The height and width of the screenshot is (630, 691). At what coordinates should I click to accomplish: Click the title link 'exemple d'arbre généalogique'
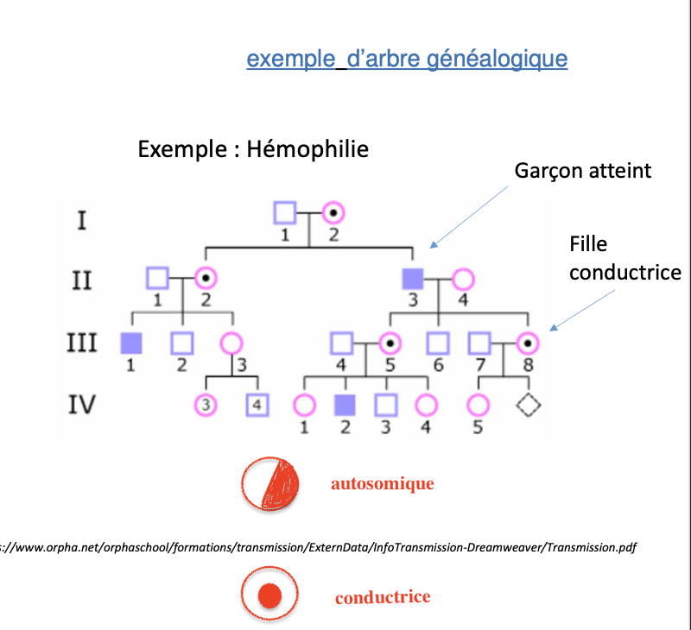coord(407,59)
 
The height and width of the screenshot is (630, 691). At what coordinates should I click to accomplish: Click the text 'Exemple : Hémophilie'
coord(253,149)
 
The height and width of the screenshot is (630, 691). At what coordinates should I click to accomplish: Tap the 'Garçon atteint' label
coord(583,171)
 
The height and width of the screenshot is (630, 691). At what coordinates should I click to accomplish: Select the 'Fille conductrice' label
coord(624,259)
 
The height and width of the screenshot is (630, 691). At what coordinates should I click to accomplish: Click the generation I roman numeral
coord(82,220)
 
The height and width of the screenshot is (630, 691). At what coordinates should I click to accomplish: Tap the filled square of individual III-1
coord(130,343)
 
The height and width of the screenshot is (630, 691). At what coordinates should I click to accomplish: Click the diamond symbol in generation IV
coord(527,403)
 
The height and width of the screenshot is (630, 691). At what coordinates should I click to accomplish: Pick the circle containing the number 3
coord(206,403)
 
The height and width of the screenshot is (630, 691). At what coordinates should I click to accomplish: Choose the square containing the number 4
coord(257,403)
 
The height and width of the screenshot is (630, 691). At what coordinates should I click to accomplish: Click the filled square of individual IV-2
coord(345,403)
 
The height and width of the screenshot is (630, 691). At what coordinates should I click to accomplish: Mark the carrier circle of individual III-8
coord(527,343)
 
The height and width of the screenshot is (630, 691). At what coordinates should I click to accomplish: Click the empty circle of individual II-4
coord(464,279)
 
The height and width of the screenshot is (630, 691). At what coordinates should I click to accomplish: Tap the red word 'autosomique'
coord(382,484)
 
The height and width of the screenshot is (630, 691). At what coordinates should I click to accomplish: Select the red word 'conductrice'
coord(383,597)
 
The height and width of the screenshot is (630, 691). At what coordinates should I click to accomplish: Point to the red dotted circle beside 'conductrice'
coord(269,596)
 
